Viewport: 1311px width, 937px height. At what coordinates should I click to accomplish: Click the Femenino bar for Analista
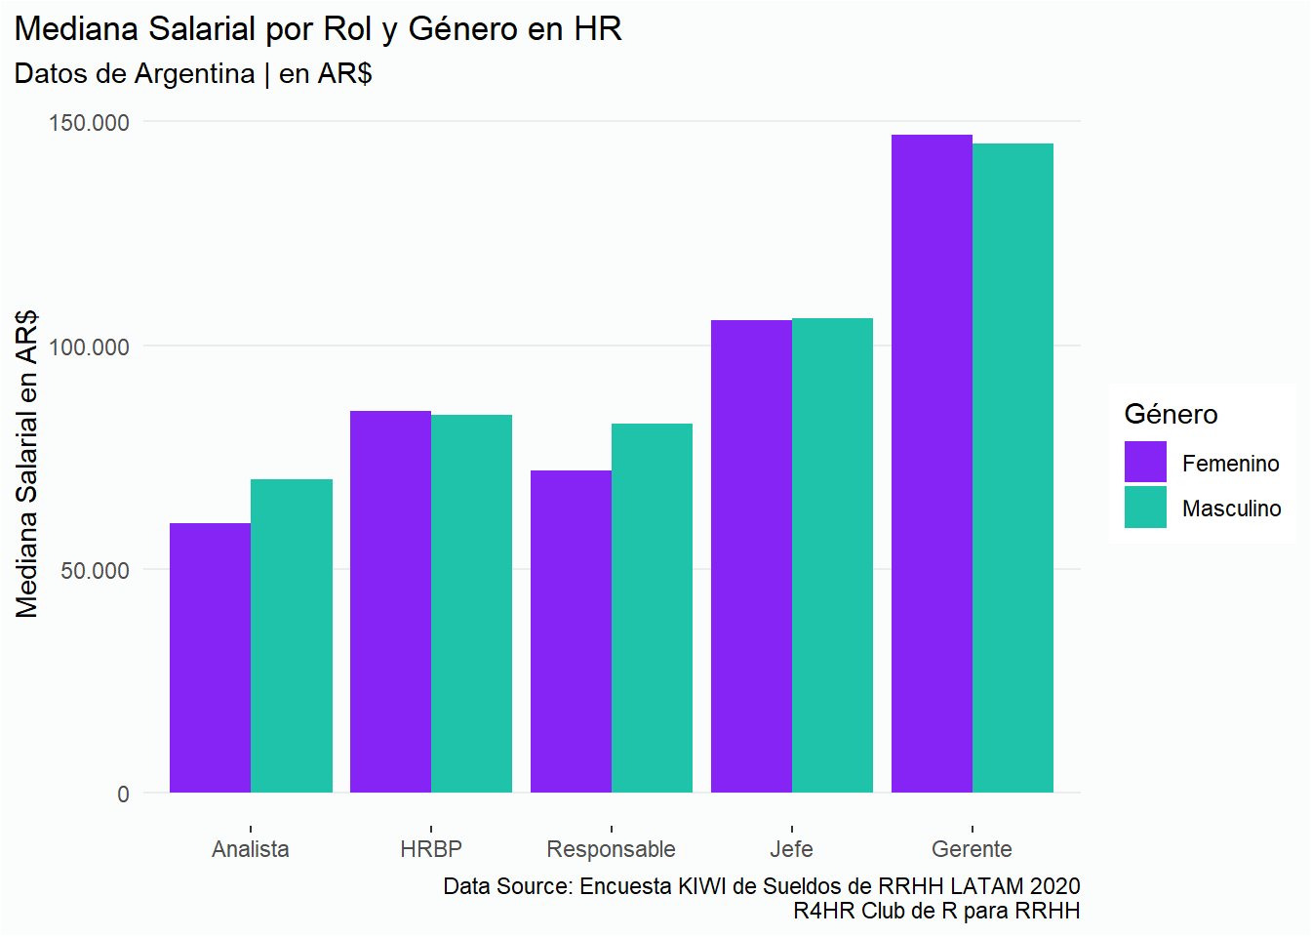pyautogui.click(x=210, y=658)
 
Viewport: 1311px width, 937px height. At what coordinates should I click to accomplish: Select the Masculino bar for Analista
pyautogui.click(x=292, y=635)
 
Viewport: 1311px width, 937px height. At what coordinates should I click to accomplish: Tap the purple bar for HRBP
pyautogui.click(x=390, y=601)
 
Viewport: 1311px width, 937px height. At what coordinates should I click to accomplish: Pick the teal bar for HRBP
pyautogui.click(x=471, y=603)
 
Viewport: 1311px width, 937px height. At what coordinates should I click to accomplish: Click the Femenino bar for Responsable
pyautogui.click(x=571, y=631)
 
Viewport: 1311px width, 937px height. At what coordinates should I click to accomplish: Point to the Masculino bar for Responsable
pyautogui.click(x=652, y=608)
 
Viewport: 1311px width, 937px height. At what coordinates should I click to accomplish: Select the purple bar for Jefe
pyautogui.click(x=751, y=556)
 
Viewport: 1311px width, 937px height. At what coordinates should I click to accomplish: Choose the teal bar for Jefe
pyautogui.click(x=832, y=555)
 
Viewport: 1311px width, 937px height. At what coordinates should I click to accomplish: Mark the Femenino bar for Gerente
pyautogui.click(x=932, y=464)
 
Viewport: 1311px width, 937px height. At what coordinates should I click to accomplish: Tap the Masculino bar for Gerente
pyautogui.click(x=1013, y=468)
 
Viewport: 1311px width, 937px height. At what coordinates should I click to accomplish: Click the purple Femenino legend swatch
pyautogui.click(x=1145, y=462)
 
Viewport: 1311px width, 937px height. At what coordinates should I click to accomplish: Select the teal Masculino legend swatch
pyautogui.click(x=1145, y=508)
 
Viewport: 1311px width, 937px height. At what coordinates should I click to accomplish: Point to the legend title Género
pyautogui.click(x=1171, y=414)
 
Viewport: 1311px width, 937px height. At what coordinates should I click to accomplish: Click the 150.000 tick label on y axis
pyautogui.click(x=89, y=123)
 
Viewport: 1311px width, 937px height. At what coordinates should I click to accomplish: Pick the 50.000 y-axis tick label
pyautogui.click(x=95, y=571)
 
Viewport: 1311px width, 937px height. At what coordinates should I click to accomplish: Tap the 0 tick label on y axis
pyautogui.click(x=123, y=794)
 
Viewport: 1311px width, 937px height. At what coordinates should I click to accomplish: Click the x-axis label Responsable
pyautogui.click(x=611, y=849)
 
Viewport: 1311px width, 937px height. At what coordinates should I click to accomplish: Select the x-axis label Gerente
pyautogui.click(x=972, y=849)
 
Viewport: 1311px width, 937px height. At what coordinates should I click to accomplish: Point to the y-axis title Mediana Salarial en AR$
pyautogui.click(x=27, y=464)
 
